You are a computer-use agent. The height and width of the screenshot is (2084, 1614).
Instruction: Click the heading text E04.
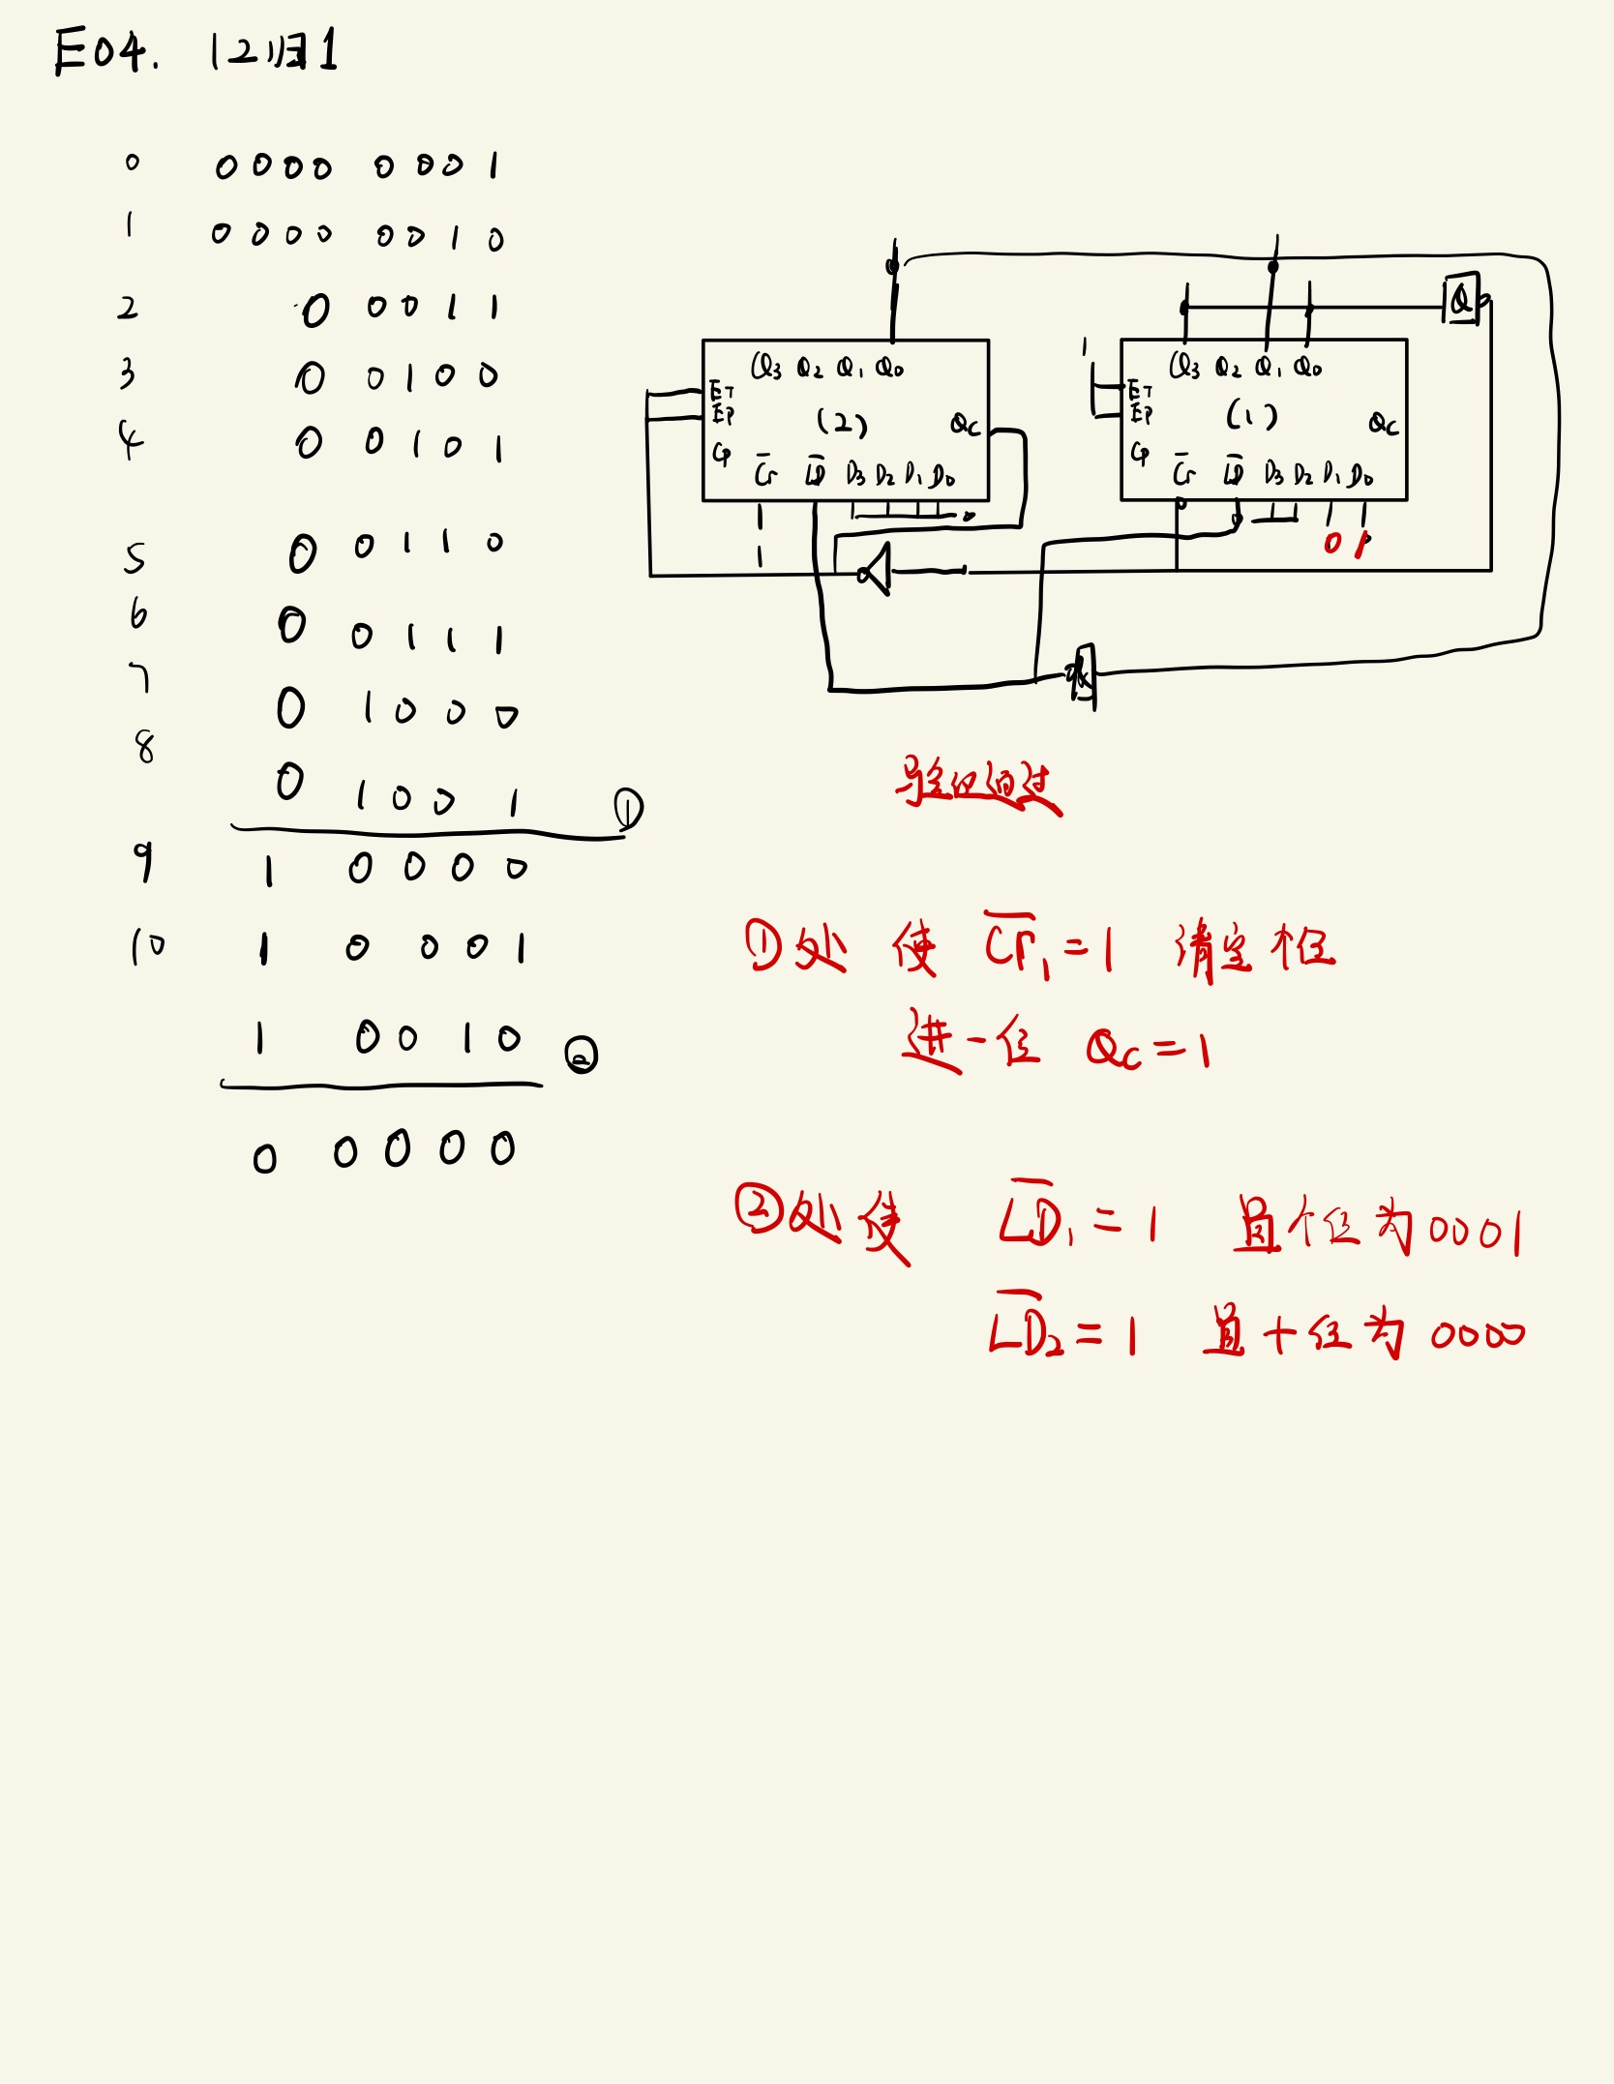click(105, 50)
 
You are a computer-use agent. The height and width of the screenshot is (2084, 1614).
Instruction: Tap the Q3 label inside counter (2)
click(765, 367)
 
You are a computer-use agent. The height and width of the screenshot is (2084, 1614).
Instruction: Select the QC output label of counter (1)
click(1383, 424)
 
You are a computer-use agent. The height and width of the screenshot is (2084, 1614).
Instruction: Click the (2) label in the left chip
click(841, 422)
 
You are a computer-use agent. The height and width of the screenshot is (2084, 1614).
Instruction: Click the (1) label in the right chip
click(1251, 416)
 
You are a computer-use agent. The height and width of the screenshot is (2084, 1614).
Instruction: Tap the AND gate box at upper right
click(1462, 299)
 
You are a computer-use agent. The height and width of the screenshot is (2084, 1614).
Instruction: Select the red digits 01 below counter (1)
click(1346, 544)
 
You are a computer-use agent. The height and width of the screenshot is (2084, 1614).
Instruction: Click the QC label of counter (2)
click(965, 424)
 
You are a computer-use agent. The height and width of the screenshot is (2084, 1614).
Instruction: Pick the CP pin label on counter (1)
click(1140, 452)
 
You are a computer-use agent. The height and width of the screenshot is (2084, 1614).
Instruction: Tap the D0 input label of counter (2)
click(941, 475)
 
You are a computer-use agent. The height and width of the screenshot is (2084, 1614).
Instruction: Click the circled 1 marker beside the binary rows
click(628, 809)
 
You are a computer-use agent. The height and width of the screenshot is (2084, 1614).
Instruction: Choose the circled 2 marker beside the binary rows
click(581, 1055)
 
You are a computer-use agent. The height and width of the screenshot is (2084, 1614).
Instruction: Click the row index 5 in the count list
click(134, 558)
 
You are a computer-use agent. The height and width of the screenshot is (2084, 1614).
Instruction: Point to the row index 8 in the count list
click(144, 746)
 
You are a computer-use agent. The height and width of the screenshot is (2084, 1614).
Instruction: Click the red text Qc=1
click(1148, 1049)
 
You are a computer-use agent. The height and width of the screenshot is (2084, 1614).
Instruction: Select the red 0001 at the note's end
click(1475, 1232)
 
